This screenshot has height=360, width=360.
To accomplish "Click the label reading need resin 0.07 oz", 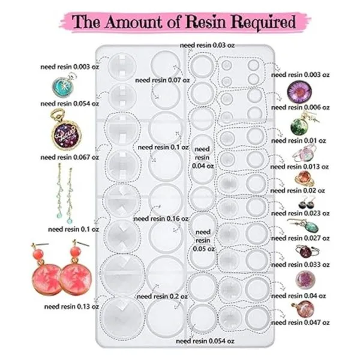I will coord(158,79).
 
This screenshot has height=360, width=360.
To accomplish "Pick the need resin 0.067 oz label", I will coord(65,157).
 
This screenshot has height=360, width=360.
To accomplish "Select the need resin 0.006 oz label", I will coord(300,107).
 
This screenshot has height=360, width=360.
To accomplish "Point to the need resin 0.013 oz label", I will coord(299,167).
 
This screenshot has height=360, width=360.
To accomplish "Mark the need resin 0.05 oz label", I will coord(202,239).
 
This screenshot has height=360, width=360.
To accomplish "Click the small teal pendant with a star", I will coord(62,88).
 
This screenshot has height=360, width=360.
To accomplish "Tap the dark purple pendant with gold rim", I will coord(63,133).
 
